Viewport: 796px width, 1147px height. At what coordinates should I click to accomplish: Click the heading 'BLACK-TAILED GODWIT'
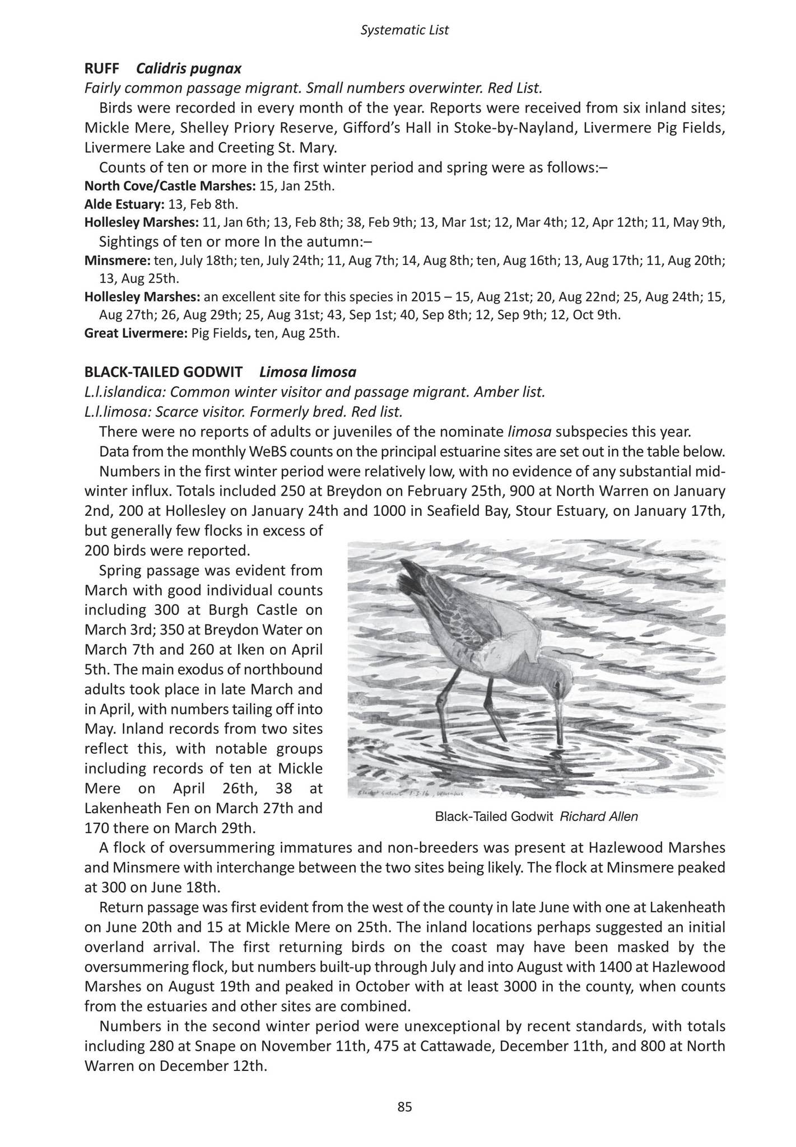pos(164,372)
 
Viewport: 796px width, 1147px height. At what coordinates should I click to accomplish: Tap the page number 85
pos(404,1107)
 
